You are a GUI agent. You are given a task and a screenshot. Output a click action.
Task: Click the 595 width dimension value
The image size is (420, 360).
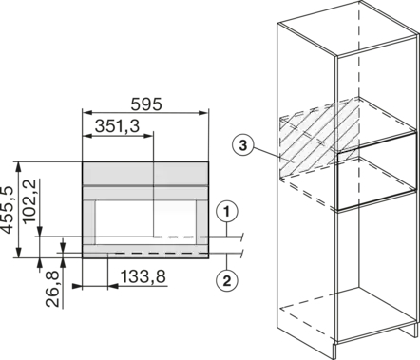tap(146, 104)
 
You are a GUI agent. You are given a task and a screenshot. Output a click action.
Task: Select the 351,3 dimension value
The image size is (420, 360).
tap(117, 126)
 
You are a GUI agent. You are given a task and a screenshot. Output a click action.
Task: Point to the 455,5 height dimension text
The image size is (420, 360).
tap(8, 210)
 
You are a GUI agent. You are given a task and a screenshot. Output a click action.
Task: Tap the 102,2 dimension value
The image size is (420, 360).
tap(30, 200)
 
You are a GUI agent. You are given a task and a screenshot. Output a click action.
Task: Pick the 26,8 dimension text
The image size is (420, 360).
tap(52, 290)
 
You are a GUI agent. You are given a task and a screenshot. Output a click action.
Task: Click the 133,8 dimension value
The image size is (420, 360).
tap(143, 277)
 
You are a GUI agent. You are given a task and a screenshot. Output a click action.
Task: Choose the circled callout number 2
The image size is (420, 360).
tap(227, 280)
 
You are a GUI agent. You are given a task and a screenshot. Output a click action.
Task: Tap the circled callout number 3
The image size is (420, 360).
tap(242, 145)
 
